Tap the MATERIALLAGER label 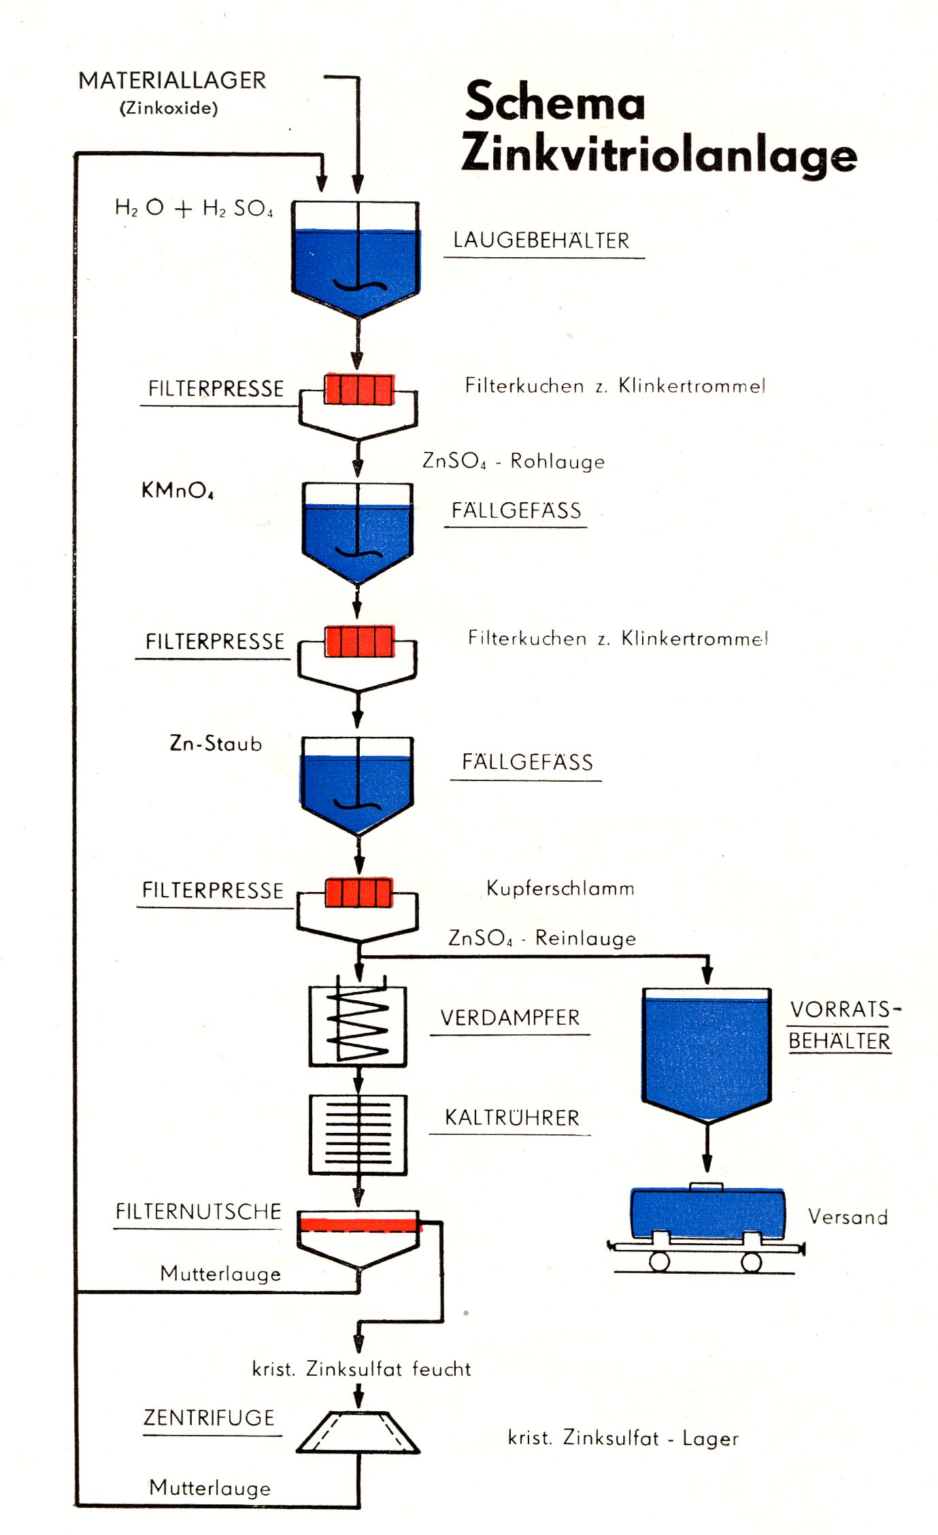coord(172,80)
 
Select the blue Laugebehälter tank coord(356,265)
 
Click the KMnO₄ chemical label coord(178,490)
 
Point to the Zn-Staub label coord(216,743)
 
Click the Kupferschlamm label coord(560,888)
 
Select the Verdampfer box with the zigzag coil coord(358,1026)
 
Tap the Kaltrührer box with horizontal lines coord(358,1134)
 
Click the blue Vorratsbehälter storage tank coord(706,1051)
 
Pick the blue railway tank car coord(707,1215)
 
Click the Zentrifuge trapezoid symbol coord(358,1432)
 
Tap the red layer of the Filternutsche coord(359,1225)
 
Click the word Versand coord(848,1217)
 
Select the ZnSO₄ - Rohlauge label coord(514,461)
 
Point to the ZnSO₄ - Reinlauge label coord(542,938)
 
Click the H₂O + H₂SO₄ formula coord(194,208)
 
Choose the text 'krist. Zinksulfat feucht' coord(361,1368)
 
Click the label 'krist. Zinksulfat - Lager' coord(623,1438)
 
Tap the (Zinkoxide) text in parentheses coord(169,108)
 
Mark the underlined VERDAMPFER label coord(509,1017)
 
